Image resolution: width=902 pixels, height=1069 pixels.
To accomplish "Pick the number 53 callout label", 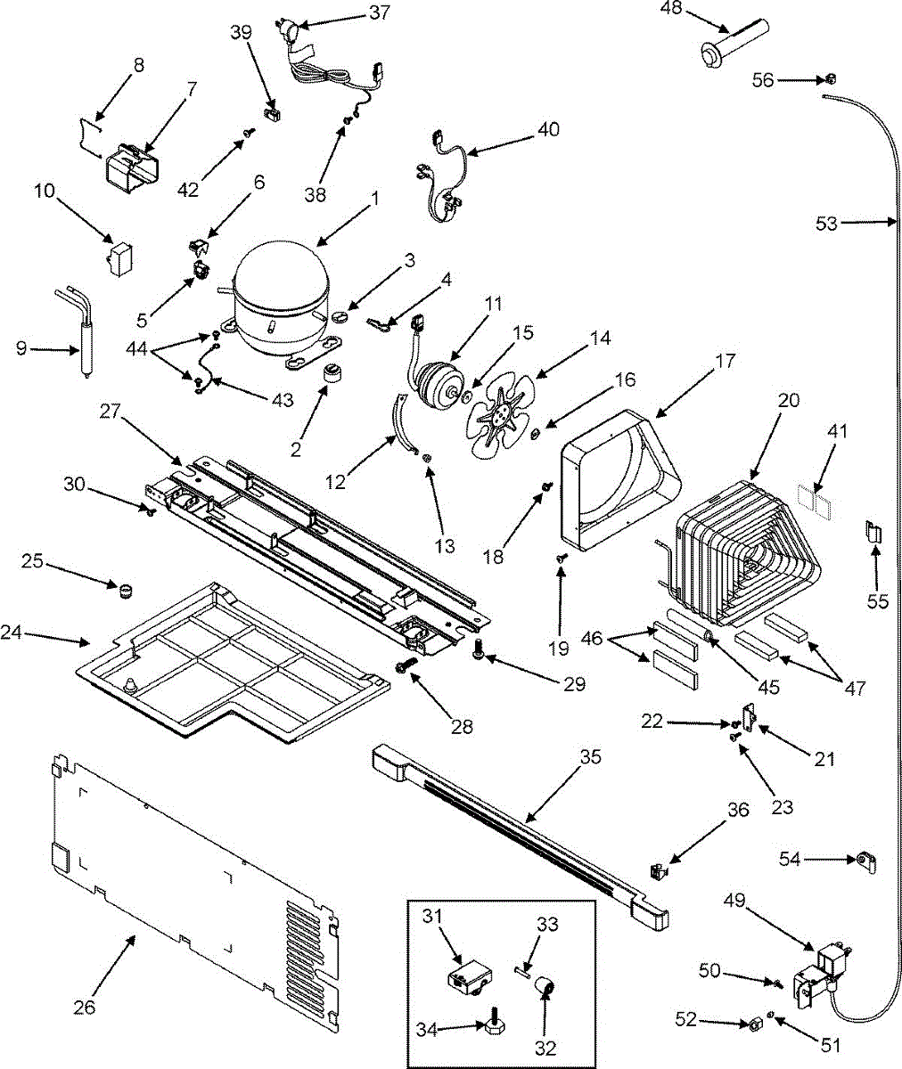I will pos(826,223).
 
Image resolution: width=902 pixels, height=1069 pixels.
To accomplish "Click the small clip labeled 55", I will pos(873,533).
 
